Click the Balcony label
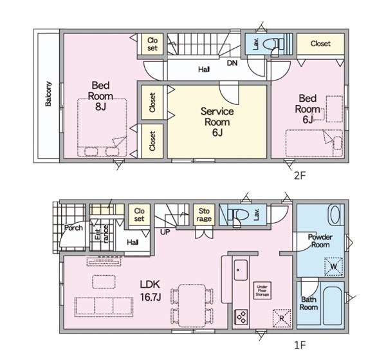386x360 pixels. pos(48,94)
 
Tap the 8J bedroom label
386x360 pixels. pos(100,96)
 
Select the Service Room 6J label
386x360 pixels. pos(217,122)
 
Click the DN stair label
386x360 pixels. pos(232,63)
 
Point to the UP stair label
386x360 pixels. pos(165,232)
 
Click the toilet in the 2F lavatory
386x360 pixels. pos(273,44)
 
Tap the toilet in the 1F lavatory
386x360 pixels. pos(238,214)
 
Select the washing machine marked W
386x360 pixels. pos(333,266)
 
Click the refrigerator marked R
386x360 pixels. pos(282,318)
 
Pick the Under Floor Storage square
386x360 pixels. pos(262,290)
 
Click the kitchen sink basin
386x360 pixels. pos(241,270)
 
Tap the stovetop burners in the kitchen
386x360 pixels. pos(241,317)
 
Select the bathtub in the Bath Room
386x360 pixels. pos(332,306)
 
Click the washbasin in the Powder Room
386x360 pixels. pos(335,215)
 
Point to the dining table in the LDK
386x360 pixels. pos(192,305)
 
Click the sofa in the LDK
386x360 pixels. pos(104,307)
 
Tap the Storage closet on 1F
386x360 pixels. pos(204,214)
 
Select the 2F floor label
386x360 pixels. pos(300,175)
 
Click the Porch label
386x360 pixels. pos(73,228)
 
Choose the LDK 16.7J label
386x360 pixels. pos(150,290)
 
